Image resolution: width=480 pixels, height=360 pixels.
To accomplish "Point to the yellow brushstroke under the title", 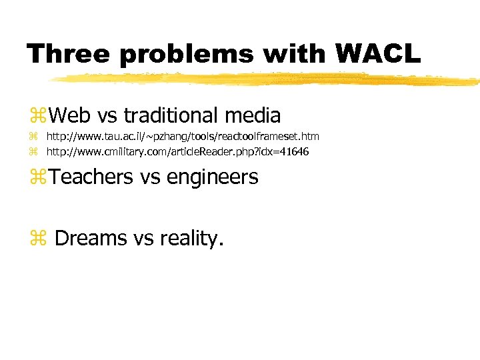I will [267, 79].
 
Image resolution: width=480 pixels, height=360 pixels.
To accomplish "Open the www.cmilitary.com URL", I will [177, 152].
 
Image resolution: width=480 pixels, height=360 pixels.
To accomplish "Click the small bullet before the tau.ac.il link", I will [33, 137].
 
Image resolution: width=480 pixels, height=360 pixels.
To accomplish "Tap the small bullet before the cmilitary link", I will [33, 152].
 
